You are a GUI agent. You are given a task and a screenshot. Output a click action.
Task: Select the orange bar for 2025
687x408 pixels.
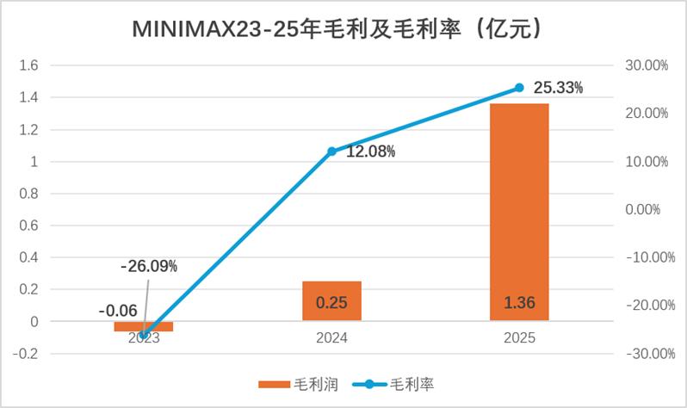point(519,212)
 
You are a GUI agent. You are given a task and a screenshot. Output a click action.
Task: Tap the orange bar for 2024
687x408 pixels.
point(331,301)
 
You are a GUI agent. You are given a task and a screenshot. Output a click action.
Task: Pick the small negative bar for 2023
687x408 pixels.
point(144,326)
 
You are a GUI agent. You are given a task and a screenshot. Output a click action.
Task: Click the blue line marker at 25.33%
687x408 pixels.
point(519,88)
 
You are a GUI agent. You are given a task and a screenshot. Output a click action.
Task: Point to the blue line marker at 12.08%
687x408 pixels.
point(331,151)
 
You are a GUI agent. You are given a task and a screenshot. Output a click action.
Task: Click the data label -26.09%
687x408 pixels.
point(149,266)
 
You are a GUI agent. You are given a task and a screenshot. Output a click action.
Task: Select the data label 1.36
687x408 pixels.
point(519,302)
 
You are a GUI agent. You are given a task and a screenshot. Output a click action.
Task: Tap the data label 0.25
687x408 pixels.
point(331,302)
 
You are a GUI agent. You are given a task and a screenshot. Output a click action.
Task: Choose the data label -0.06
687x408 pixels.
point(118,311)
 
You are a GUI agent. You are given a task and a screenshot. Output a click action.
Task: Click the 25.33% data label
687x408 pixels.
point(558,88)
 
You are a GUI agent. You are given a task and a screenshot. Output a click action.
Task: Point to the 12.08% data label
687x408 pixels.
point(371,151)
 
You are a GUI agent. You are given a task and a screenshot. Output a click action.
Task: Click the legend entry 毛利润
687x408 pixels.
point(298,385)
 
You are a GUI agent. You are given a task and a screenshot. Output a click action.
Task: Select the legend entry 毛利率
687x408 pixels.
point(393,385)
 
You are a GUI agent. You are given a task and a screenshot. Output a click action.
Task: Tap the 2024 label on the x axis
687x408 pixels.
point(331,338)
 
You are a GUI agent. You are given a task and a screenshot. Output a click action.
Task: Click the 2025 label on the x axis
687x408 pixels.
point(519,338)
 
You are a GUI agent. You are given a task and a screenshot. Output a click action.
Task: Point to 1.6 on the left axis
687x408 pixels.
point(29,65)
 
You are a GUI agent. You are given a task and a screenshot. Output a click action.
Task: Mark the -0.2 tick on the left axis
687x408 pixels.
point(26,354)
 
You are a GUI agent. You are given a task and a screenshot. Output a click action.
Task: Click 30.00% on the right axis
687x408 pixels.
point(647,65)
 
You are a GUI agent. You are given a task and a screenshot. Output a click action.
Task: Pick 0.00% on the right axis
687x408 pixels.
point(643,209)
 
